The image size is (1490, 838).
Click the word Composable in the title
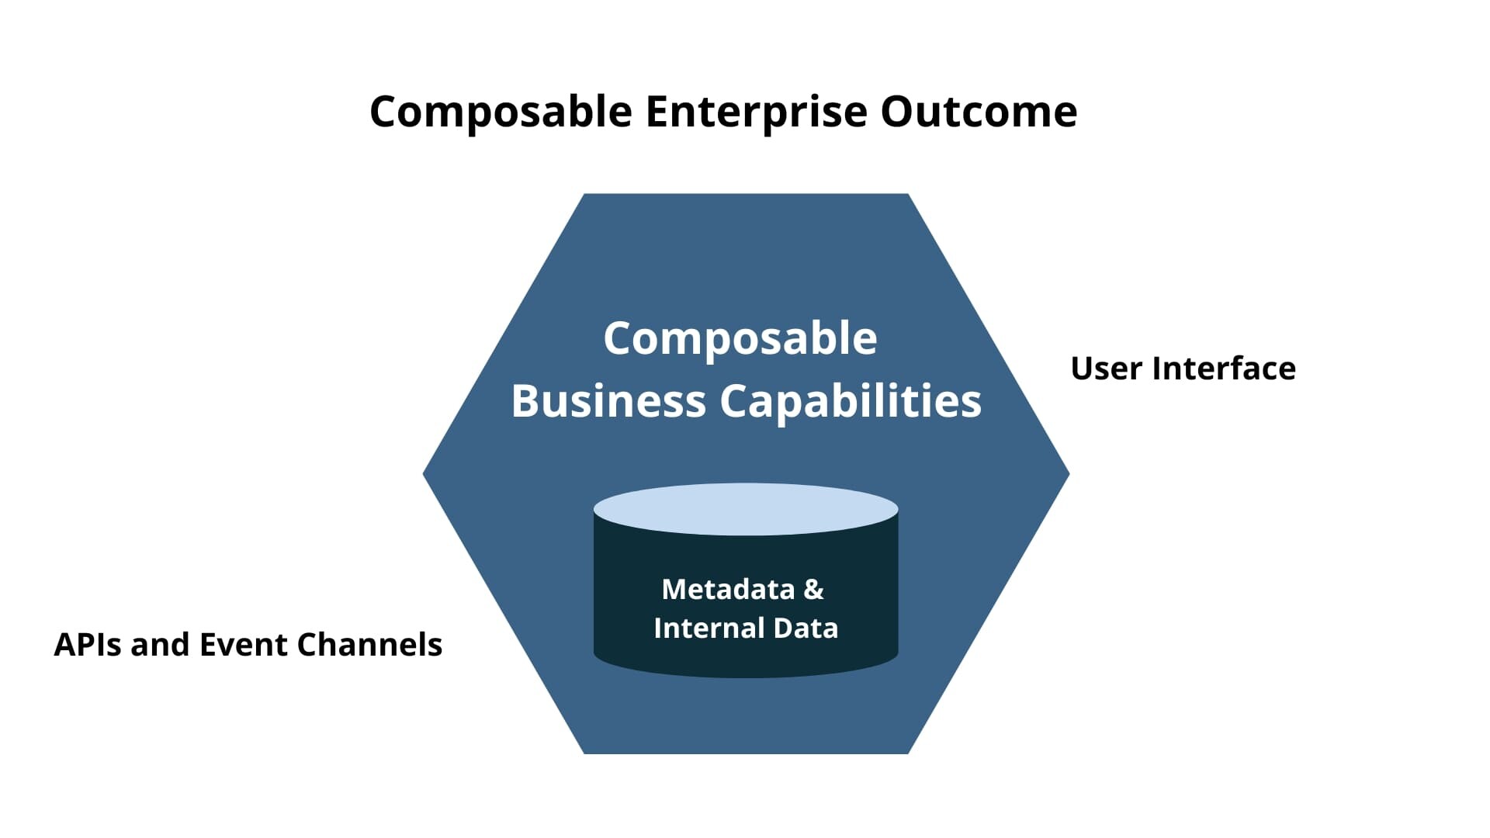501,112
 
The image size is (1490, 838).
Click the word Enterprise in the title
757,112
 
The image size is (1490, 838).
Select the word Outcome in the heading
979,112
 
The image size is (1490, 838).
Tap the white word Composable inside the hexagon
740,339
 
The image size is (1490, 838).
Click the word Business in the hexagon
608,401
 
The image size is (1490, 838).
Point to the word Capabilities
851,401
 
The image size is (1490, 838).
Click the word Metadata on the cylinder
728,590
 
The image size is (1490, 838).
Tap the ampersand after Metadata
813,590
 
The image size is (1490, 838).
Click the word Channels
369,645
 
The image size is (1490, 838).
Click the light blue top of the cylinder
746,509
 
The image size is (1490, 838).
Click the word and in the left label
161,645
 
